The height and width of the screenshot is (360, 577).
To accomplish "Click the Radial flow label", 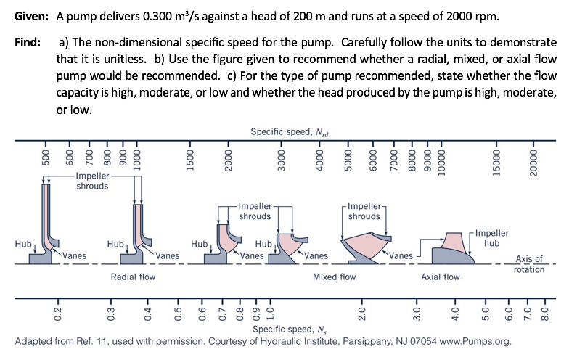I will tap(133, 277).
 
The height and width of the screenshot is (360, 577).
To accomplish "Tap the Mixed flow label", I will tap(334, 277).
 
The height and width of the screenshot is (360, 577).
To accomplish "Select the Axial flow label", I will tap(441, 277).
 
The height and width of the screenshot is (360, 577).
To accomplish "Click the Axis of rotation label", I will tap(529, 264).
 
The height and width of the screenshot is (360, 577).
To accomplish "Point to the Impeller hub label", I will tap(492, 238).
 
